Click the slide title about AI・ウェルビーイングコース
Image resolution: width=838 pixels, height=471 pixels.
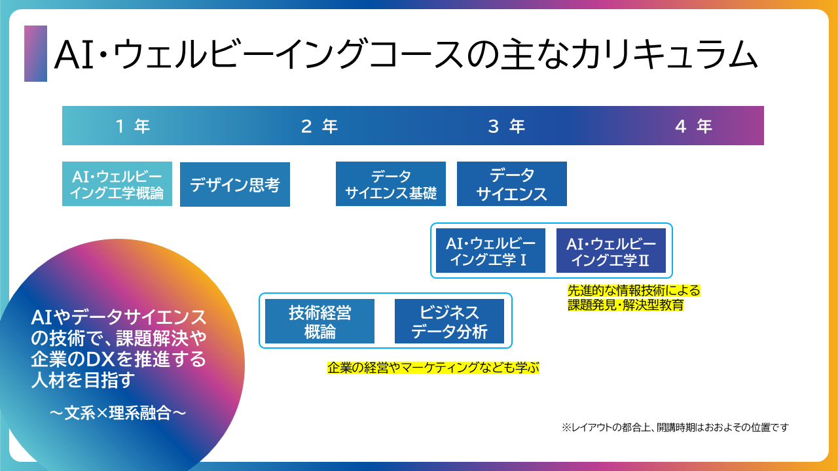[406, 54]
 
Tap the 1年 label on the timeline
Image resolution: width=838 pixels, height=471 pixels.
[133, 126]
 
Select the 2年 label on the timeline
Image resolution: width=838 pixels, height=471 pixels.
[319, 126]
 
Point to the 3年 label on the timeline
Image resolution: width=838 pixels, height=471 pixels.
[507, 126]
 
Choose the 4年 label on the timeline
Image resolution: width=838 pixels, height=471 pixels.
[693, 126]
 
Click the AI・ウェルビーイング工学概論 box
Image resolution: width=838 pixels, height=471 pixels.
[117, 184]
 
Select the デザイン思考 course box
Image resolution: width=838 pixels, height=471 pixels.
[235, 184]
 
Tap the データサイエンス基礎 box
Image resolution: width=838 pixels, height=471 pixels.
[391, 184]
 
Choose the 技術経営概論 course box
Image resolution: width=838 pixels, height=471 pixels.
[320, 322]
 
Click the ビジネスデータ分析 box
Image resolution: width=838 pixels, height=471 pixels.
[450, 322]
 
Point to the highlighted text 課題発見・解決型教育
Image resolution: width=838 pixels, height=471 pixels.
[625, 305]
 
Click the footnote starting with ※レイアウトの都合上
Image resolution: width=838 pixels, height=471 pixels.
[675, 427]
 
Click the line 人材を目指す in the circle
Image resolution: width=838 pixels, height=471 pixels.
[83, 380]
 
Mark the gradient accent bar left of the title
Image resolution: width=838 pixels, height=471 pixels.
[35, 54]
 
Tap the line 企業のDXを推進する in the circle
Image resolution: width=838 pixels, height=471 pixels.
[118, 359]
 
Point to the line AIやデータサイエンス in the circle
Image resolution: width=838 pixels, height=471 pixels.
[118, 318]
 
